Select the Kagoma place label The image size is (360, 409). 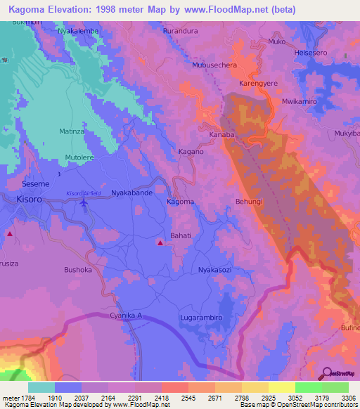[180, 202]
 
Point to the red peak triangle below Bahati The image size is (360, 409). [160, 243]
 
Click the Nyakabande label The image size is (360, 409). [133, 192]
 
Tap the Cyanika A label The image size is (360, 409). [126, 316]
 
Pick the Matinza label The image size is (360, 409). [72, 131]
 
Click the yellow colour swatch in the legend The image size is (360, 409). [281, 387]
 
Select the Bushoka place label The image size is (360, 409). [78, 269]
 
